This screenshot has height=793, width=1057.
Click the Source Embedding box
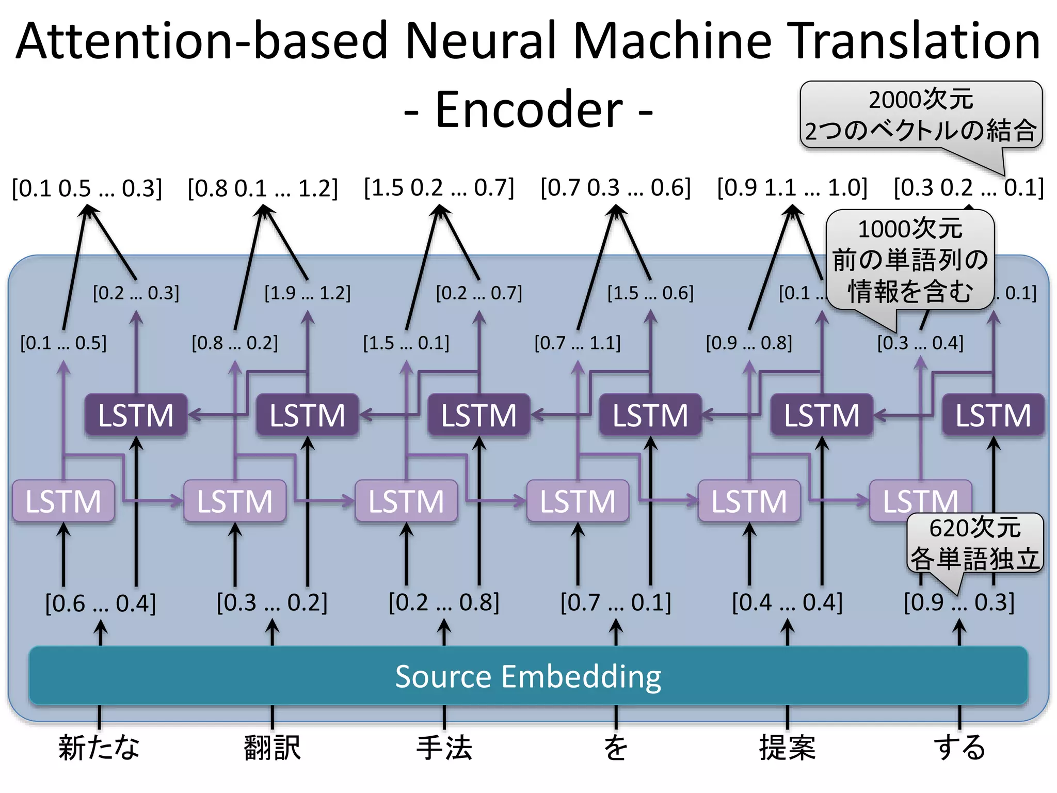[x=528, y=676]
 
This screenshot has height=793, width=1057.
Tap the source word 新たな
[x=99, y=747]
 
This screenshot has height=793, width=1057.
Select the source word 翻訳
[x=272, y=747]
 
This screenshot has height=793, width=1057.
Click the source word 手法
[x=444, y=747]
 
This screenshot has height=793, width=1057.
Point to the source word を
[x=616, y=747]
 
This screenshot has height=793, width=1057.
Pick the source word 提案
[x=787, y=747]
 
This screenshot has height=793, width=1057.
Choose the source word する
[x=959, y=747]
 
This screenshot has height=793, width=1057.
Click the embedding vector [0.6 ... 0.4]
[x=100, y=602]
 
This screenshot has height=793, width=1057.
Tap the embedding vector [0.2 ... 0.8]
[x=444, y=602]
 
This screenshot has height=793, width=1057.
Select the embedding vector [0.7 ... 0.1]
[x=616, y=602]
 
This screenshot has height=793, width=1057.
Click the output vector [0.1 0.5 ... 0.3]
[x=87, y=188]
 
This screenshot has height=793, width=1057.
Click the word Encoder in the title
[x=528, y=109]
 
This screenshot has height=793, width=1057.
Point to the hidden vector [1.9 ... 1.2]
[x=308, y=293]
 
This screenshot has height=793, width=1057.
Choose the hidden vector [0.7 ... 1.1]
[x=578, y=343]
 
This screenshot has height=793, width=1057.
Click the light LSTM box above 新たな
[x=63, y=501]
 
